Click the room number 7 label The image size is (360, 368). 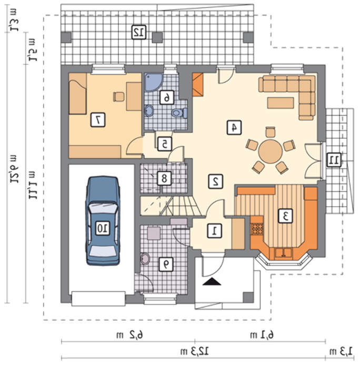coord(98,120)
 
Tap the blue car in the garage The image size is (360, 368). coord(103,221)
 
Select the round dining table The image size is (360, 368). coord(271,151)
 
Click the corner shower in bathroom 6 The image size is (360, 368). coord(153,82)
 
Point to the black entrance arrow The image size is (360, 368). coord(212,281)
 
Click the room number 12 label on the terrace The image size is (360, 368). coord(139,32)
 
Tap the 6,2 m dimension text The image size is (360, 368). coord(129,335)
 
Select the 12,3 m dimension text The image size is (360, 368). coord(195,351)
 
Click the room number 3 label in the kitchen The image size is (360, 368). coord(285,216)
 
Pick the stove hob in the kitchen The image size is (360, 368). coord(257,229)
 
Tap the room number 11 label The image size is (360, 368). coord(334,160)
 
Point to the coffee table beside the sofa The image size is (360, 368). coord(281,103)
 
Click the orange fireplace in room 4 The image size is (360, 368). coord(197,85)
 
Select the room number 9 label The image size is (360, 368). coord(166,264)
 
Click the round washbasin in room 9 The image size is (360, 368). coord(145,259)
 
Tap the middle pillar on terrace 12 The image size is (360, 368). coord(157,37)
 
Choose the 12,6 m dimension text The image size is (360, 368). coord(14,169)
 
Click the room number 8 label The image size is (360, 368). coord(164,179)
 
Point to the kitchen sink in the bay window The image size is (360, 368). coord(284,253)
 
